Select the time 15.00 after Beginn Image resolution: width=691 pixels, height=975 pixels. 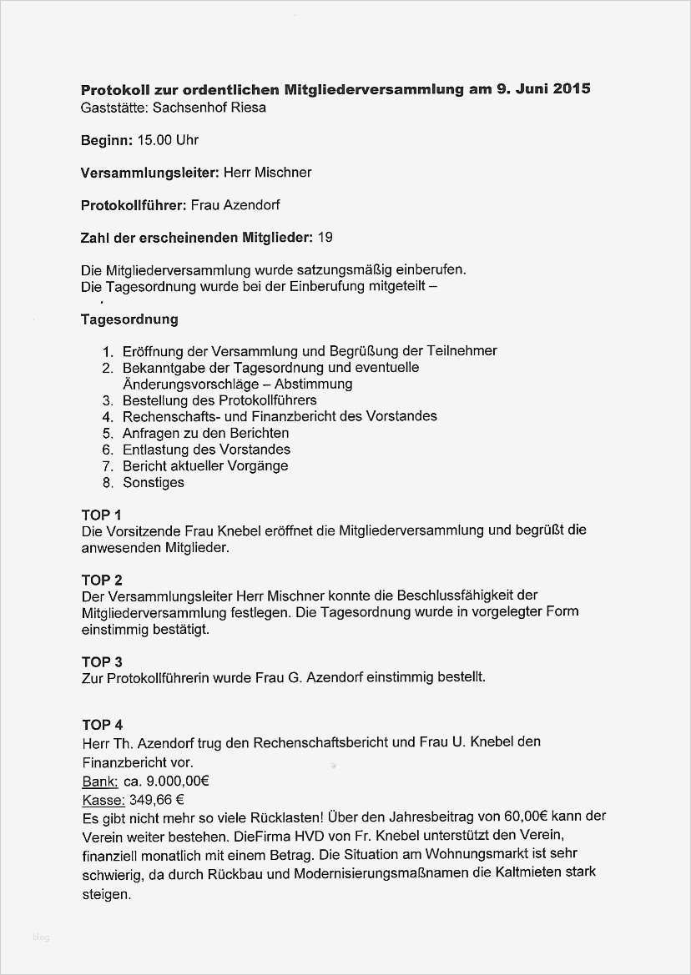point(154,140)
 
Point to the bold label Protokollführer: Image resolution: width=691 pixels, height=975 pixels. point(134,205)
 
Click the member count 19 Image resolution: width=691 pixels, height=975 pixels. point(325,238)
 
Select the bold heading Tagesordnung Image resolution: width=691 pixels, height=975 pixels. point(129,319)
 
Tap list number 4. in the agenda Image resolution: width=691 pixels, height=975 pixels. point(108,416)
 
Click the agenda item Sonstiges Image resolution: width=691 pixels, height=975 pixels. point(154,482)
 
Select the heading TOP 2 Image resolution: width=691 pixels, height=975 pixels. point(102,580)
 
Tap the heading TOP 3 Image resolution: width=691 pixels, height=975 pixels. point(102,661)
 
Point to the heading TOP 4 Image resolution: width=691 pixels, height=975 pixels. point(102,725)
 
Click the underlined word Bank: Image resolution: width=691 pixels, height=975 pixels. point(99,782)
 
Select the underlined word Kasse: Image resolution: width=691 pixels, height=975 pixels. point(103,800)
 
